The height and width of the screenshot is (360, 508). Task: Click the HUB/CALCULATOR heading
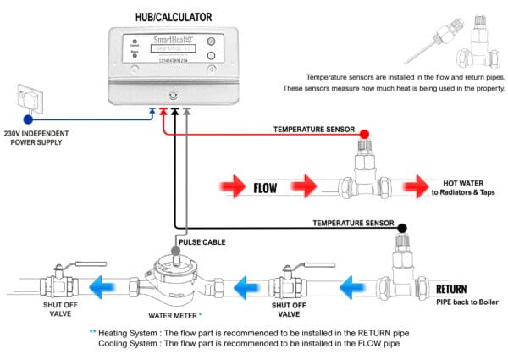(x=174, y=16)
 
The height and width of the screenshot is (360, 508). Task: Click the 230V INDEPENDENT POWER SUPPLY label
(x=36, y=137)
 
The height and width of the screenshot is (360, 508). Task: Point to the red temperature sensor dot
(x=364, y=134)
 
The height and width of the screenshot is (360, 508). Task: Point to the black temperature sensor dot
(x=401, y=227)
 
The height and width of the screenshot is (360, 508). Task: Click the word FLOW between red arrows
(x=271, y=186)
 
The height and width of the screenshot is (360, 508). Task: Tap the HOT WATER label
(x=462, y=182)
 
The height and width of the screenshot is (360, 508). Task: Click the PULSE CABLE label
(x=203, y=241)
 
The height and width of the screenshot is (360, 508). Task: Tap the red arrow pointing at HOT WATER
(x=419, y=186)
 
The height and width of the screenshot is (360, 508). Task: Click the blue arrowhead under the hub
(x=152, y=110)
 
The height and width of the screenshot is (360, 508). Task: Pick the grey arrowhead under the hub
(x=186, y=110)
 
